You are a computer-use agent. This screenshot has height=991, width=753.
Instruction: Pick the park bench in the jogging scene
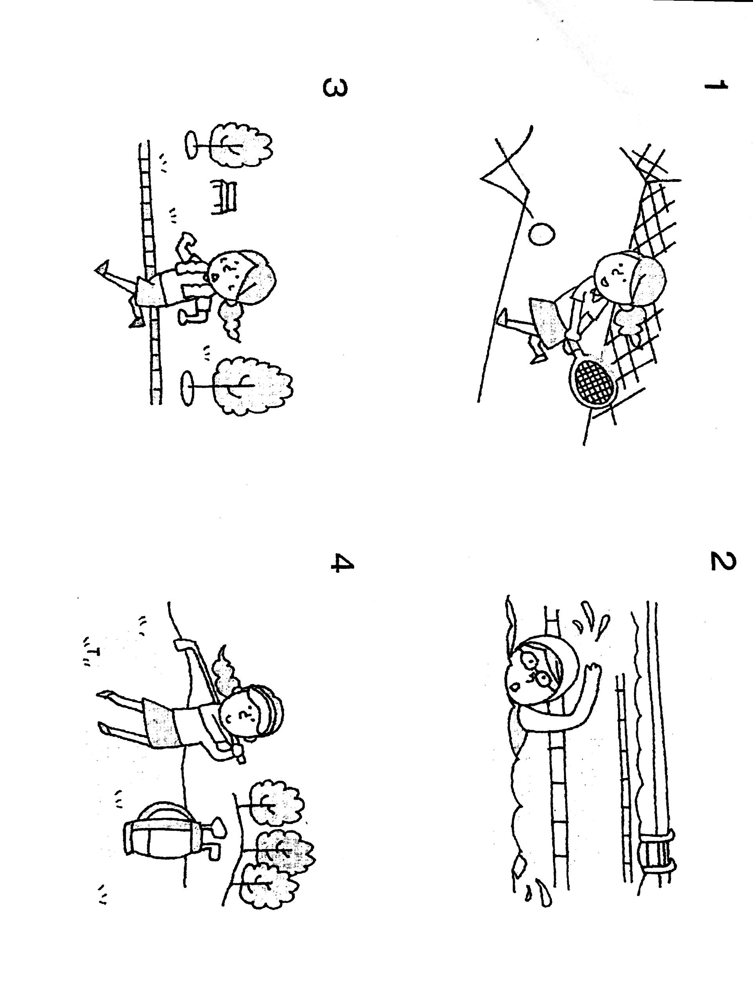[x=224, y=196]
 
